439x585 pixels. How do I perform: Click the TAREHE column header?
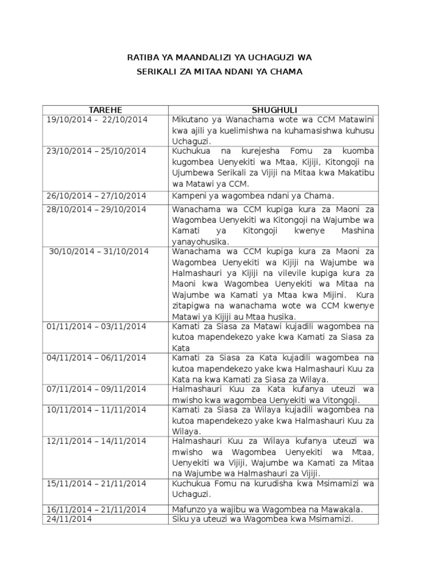(105, 110)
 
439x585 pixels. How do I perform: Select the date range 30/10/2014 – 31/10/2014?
(99, 251)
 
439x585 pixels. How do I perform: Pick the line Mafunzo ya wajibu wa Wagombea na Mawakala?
(268, 510)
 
